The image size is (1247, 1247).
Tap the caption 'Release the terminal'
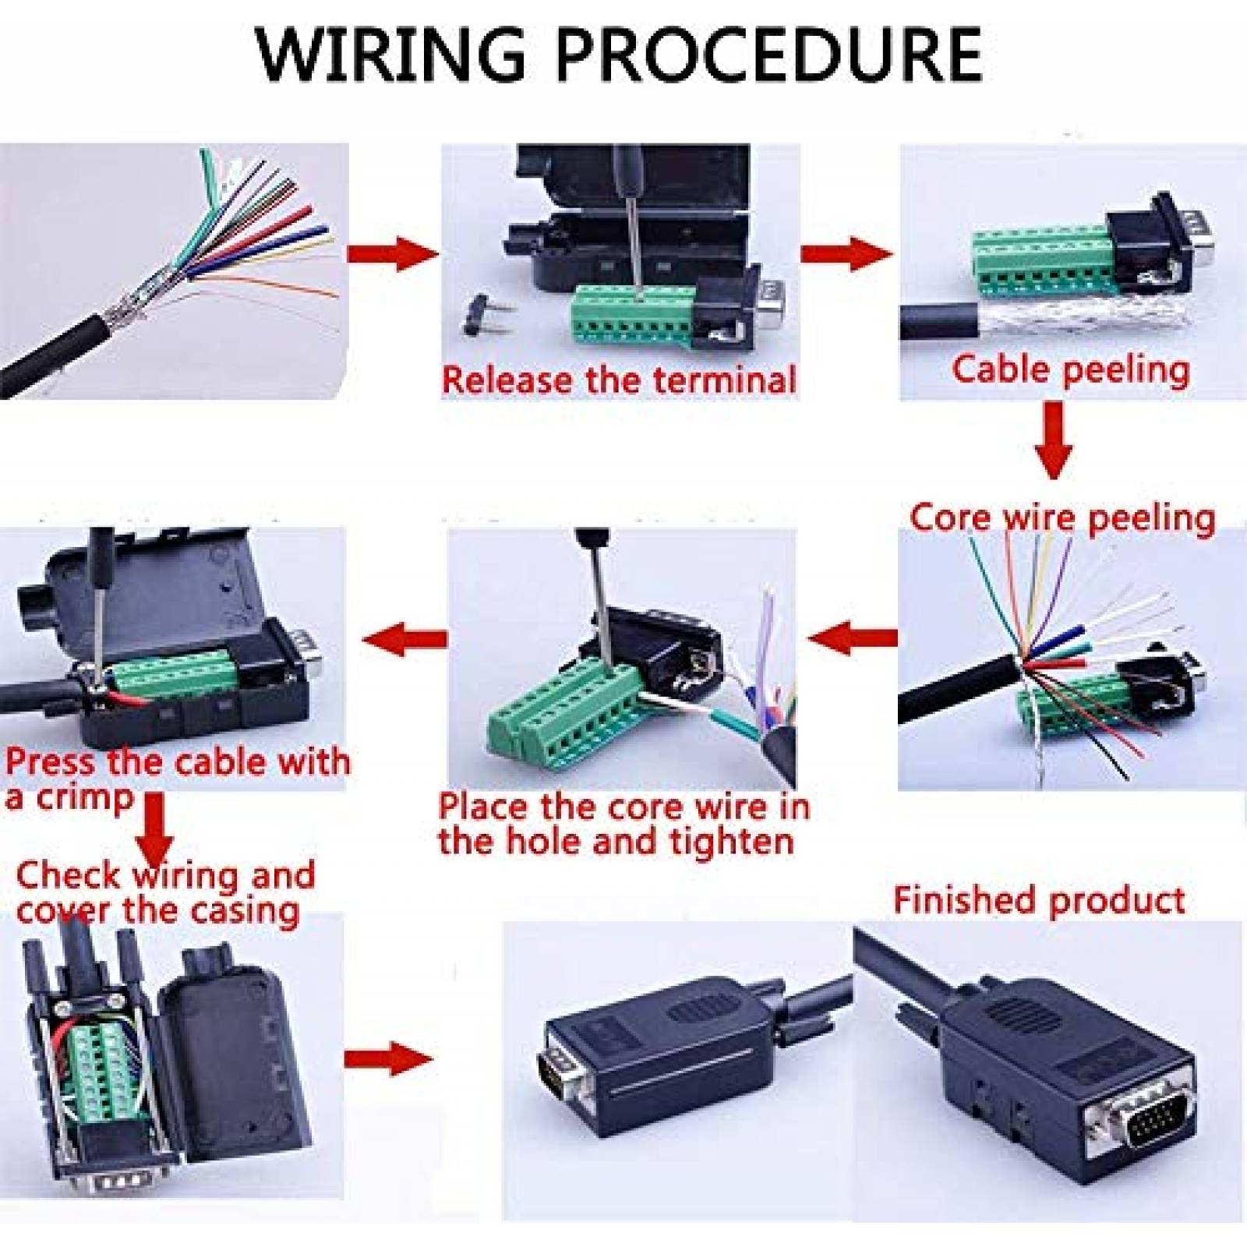click(618, 380)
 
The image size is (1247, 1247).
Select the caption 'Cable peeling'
click(1070, 369)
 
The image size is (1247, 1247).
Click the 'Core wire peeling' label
click(1062, 518)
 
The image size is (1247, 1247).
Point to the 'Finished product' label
click(1039, 900)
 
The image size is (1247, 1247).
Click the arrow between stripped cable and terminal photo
click(392, 255)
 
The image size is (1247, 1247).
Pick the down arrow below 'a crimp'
click(155, 825)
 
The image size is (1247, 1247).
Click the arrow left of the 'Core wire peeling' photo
click(850, 638)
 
